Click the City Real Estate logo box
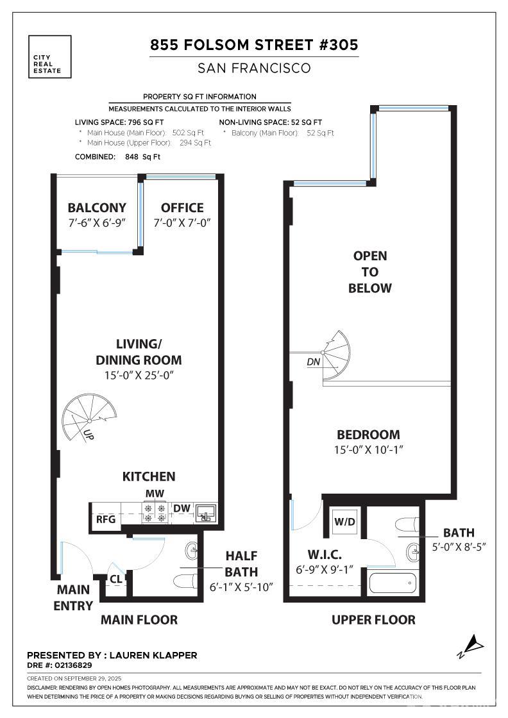(49, 57)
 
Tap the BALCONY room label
(97, 208)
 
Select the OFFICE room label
(182, 208)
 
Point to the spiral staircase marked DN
(336, 355)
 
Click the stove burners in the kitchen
(155, 513)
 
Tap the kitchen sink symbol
(206, 513)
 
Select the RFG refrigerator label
(105, 520)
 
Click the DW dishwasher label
(182, 508)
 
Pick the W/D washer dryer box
(344, 522)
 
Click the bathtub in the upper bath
(392, 583)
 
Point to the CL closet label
(116, 580)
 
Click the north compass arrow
(471, 646)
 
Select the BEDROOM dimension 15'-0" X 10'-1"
(368, 449)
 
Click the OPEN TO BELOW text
(369, 272)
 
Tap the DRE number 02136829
(73, 665)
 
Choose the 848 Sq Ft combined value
(142, 156)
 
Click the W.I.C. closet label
(325, 555)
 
